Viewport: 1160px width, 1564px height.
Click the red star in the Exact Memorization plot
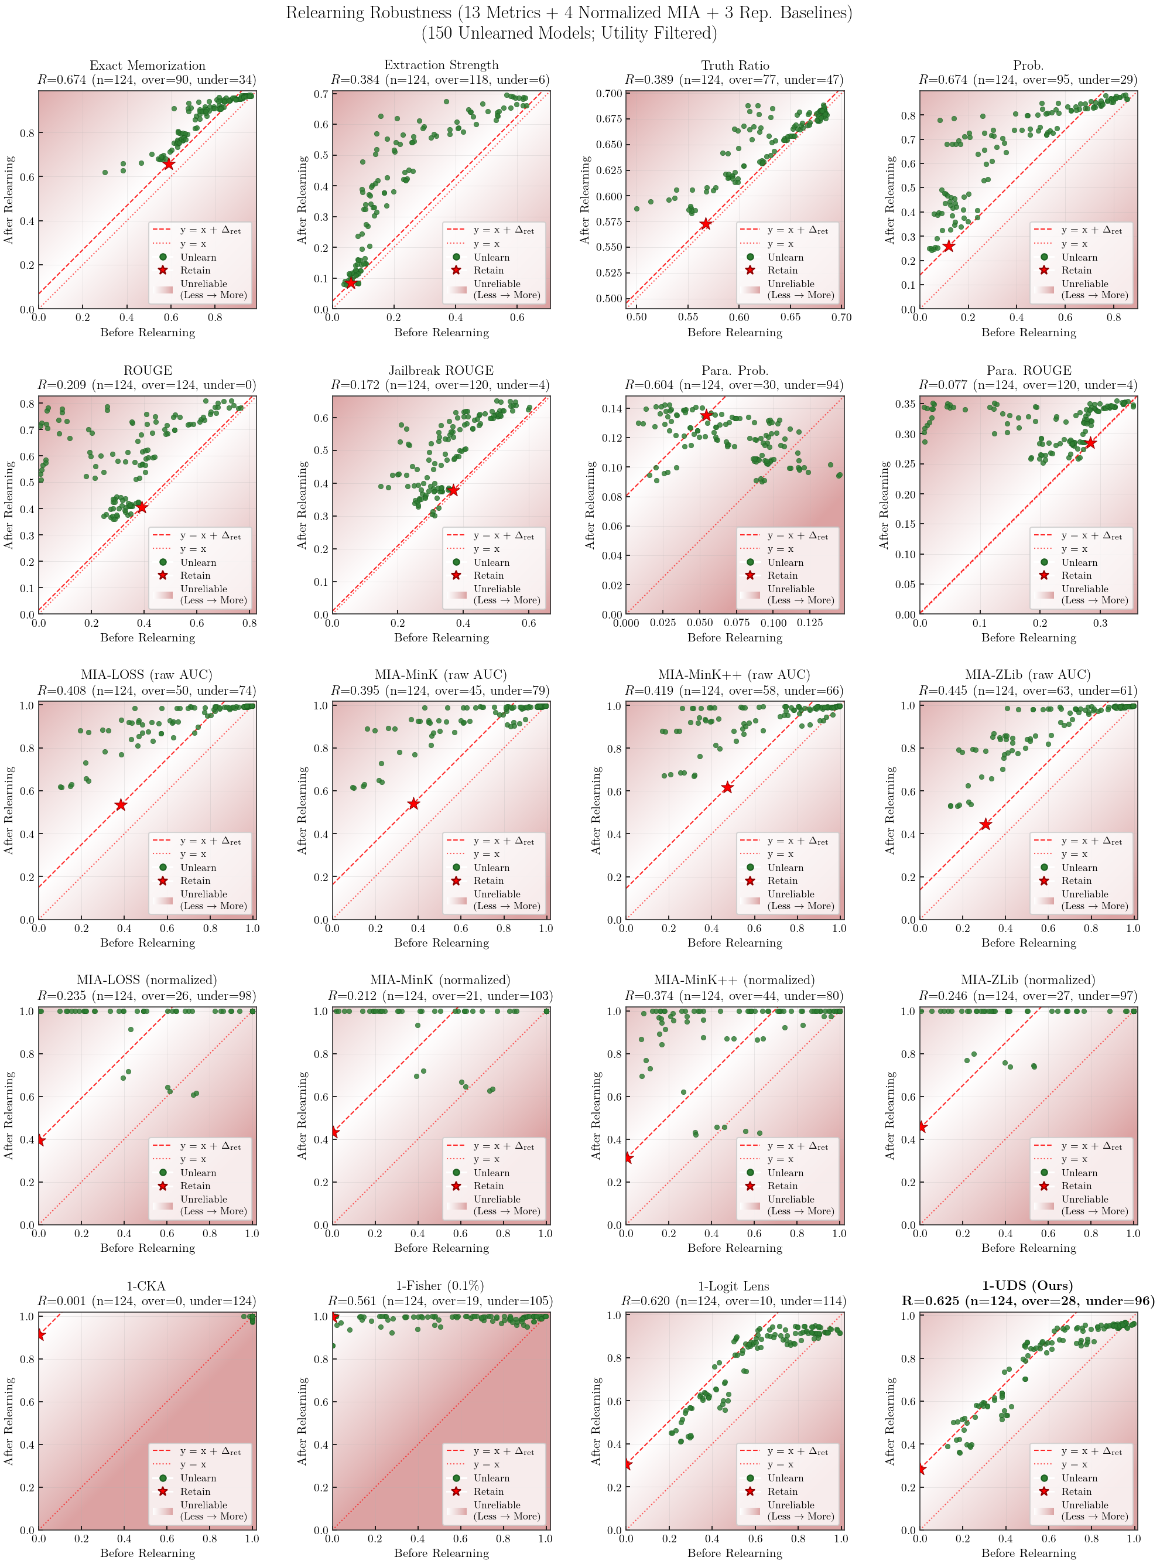[x=169, y=163]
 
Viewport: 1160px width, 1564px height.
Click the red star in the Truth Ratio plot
[x=706, y=224]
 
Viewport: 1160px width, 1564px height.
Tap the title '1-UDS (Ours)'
[x=1028, y=1285]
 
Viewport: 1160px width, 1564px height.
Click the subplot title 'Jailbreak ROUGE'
[x=441, y=370]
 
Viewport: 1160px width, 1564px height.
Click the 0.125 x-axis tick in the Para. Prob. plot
[x=810, y=623]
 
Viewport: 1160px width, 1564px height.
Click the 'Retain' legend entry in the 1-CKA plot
[x=195, y=1491]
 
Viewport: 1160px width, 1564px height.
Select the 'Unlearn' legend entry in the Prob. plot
[x=1079, y=257]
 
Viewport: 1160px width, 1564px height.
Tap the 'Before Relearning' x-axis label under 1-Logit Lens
[x=734, y=1553]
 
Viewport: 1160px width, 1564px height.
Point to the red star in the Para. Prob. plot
[x=706, y=415]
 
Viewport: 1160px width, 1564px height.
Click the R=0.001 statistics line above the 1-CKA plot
[x=147, y=1300]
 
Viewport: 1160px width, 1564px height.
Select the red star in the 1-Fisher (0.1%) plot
[x=334, y=1317]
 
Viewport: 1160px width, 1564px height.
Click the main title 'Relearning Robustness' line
[x=569, y=13]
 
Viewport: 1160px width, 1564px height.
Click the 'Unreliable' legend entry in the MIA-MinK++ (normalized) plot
[x=791, y=1200]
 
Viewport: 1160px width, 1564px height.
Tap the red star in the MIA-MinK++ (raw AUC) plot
[x=727, y=787]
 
